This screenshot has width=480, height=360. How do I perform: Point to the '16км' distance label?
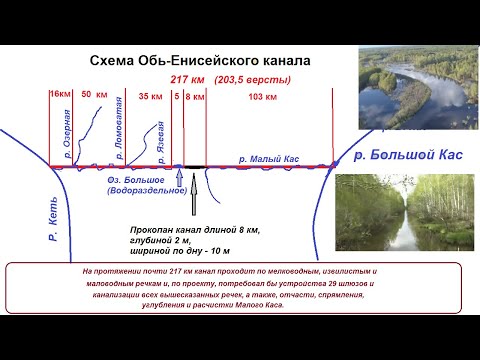click(x=60, y=96)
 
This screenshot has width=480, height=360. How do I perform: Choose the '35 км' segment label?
click(x=150, y=96)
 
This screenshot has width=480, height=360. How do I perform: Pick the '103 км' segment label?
click(x=261, y=96)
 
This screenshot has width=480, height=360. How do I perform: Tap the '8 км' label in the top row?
click(x=195, y=96)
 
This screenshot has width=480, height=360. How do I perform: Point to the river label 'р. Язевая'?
click(x=159, y=139)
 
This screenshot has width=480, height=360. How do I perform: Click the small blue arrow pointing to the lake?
click(x=178, y=179)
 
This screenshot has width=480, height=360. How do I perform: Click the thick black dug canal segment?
click(x=195, y=166)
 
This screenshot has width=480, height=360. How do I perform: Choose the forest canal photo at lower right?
click(x=406, y=216)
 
